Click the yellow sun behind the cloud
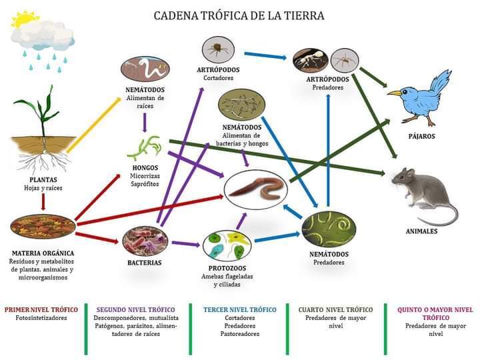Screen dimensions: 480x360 (23, 19)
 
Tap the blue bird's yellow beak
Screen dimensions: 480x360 (394, 93)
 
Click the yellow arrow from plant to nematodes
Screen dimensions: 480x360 (94, 125)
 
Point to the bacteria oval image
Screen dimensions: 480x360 (145, 241)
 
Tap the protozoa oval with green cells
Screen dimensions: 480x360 (227, 246)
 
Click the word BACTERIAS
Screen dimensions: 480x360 (145, 263)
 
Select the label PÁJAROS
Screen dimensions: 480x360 (421, 136)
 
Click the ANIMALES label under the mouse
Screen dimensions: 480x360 (421, 231)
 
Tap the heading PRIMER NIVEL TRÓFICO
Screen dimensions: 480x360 (41, 310)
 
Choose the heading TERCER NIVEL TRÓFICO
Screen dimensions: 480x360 (240, 310)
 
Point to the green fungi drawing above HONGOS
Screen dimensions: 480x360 (145, 148)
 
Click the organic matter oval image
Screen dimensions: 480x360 (43, 227)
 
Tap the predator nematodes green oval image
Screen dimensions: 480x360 (329, 229)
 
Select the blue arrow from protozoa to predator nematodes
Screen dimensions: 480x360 (277, 237)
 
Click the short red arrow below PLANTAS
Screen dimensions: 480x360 (43, 202)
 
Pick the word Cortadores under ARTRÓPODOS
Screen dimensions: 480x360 (218, 78)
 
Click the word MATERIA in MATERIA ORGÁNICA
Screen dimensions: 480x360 (27, 253)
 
